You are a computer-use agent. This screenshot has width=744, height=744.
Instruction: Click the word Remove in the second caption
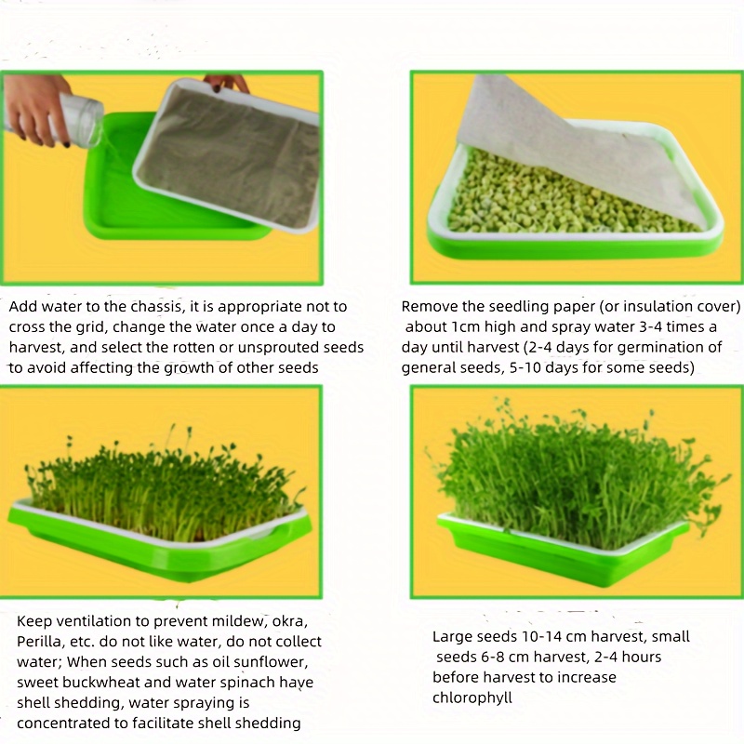429,307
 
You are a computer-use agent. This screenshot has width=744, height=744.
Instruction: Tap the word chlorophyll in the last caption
472,697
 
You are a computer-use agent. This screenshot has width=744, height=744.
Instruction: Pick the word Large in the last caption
452,637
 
